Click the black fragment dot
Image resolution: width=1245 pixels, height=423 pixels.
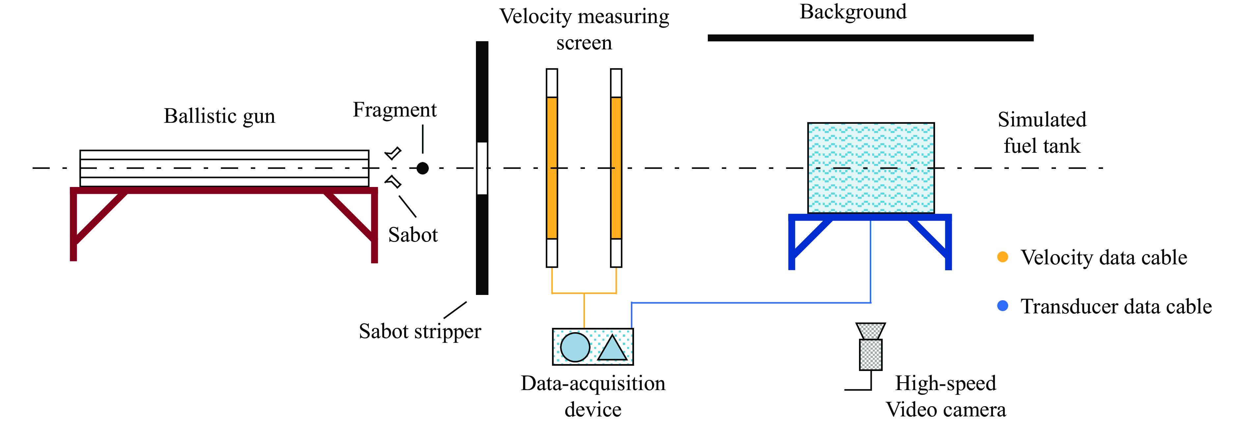pyautogui.click(x=422, y=168)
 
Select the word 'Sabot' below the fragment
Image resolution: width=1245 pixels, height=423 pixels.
pyautogui.click(x=413, y=235)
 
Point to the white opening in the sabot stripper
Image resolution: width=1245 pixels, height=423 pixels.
pyautogui.click(x=482, y=168)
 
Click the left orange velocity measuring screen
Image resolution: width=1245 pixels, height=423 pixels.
pyautogui.click(x=551, y=168)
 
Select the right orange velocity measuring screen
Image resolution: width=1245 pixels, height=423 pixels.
pyautogui.click(x=616, y=168)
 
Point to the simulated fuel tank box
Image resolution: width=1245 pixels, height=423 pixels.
pyautogui.click(x=871, y=168)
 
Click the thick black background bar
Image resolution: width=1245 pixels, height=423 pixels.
pyautogui.click(x=870, y=38)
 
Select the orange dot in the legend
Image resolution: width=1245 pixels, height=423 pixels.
pyautogui.click(x=1002, y=257)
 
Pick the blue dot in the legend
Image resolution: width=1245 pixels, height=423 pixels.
pyautogui.click(x=1002, y=306)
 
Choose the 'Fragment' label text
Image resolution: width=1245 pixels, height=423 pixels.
pyautogui.click(x=394, y=110)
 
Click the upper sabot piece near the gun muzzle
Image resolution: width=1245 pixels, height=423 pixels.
pyautogui.click(x=393, y=153)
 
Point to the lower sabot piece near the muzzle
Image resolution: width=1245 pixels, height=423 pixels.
pyautogui.click(x=393, y=182)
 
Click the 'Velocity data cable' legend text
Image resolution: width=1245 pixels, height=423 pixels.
pyautogui.click(x=1103, y=258)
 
